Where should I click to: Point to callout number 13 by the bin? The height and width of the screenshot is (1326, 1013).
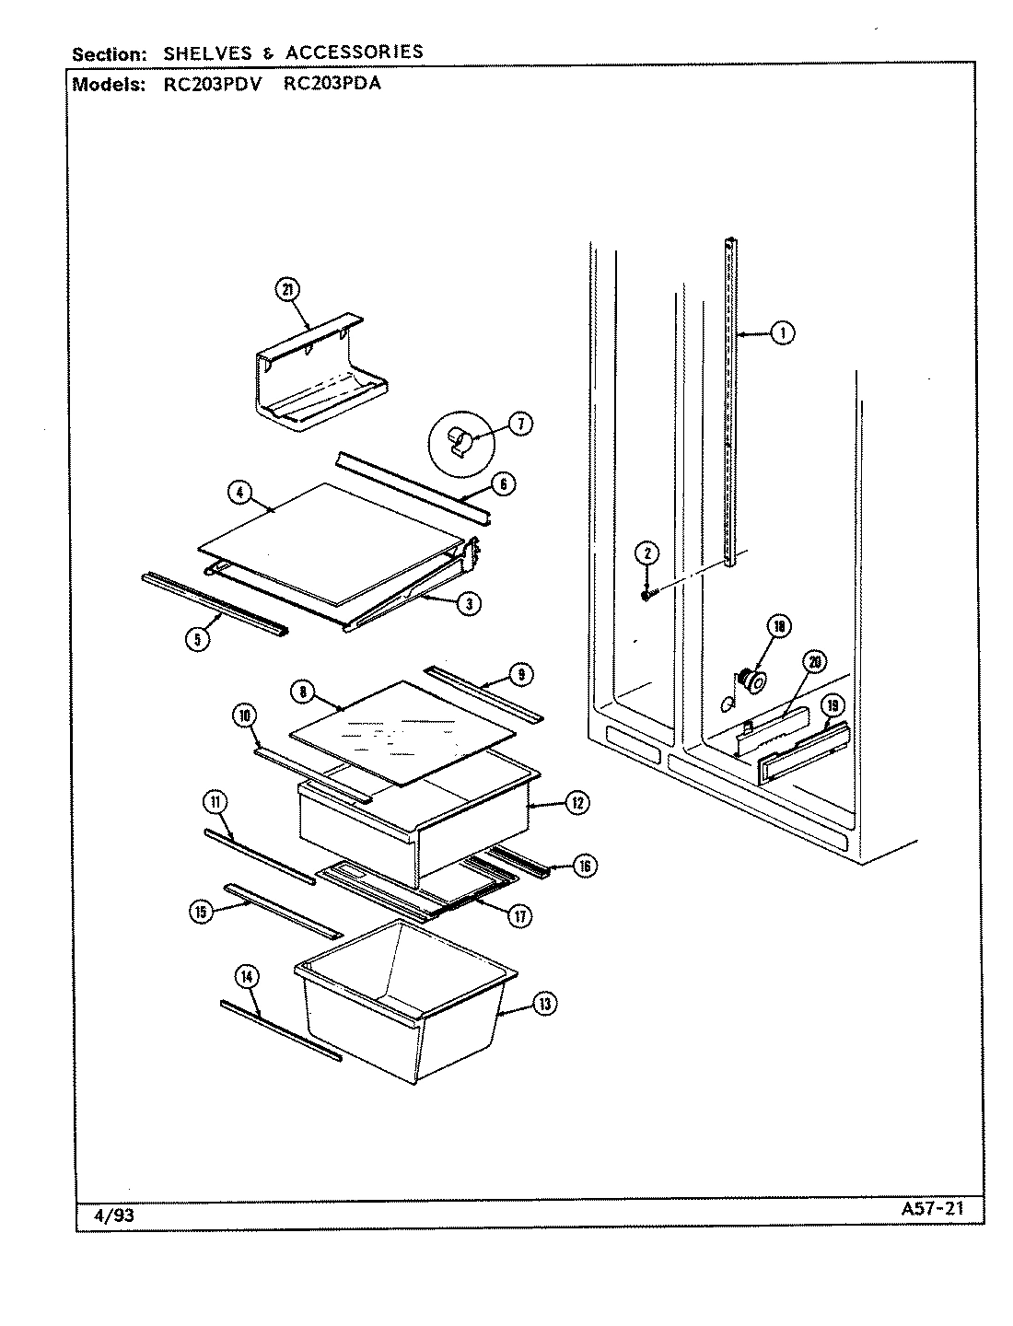pyautogui.click(x=544, y=1004)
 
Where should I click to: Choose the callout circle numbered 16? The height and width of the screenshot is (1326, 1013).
pyautogui.click(x=585, y=865)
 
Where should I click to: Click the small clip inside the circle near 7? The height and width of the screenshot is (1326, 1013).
pyautogui.click(x=456, y=444)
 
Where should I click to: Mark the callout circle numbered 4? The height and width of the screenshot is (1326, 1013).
pyautogui.click(x=239, y=494)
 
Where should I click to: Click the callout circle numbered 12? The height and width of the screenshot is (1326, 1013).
pyautogui.click(x=576, y=803)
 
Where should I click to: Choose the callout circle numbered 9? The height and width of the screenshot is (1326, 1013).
pyautogui.click(x=520, y=675)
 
